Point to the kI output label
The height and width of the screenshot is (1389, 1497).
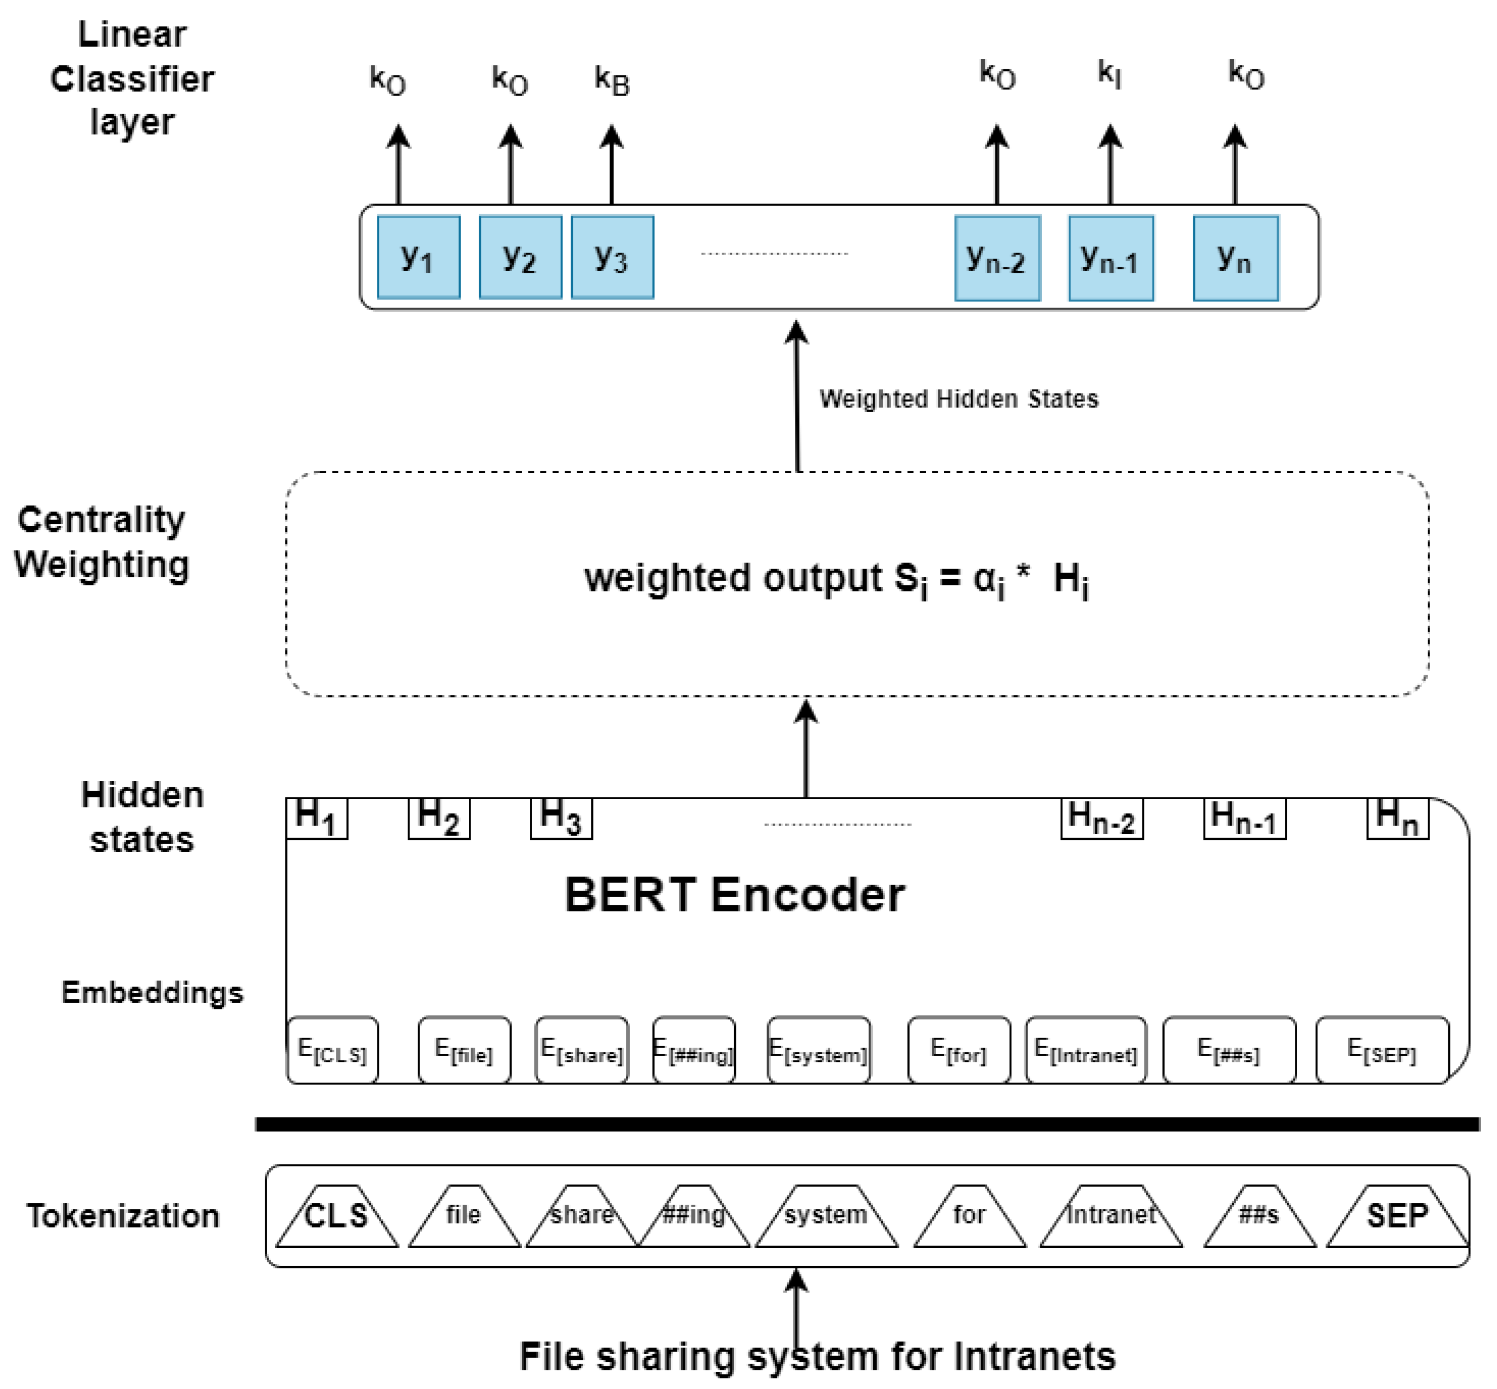pyautogui.click(x=1109, y=74)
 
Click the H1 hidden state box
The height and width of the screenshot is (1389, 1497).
pyautogui.click(x=317, y=817)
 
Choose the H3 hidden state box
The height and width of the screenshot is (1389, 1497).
pyautogui.click(x=561, y=817)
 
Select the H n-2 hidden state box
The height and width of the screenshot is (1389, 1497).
pyautogui.click(x=1102, y=818)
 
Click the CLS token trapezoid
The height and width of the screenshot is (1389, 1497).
pyautogui.click(x=337, y=1215)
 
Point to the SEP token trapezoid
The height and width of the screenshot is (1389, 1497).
pyautogui.click(x=1397, y=1215)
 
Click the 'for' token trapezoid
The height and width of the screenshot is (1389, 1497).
pyautogui.click(x=969, y=1215)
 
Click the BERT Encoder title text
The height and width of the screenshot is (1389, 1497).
pyautogui.click(x=735, y=894)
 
